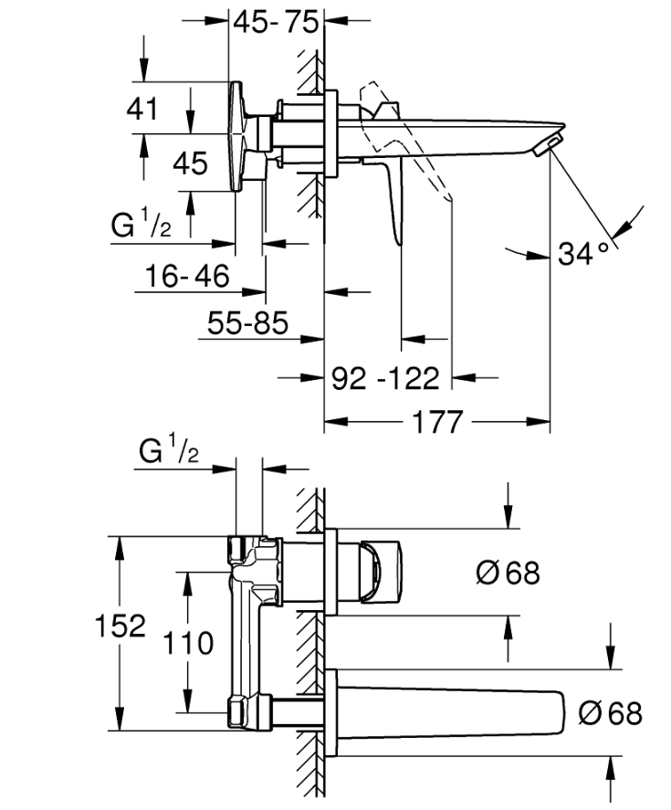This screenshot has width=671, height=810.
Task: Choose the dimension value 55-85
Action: (247, 322)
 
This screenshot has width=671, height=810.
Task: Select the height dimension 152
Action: (121, 626)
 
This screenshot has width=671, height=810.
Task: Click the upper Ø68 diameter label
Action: (508, 573)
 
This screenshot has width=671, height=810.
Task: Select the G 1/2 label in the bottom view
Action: (169, 452)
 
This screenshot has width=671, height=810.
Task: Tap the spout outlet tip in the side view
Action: (548, 144)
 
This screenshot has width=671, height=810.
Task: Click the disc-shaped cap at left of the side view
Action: (239, 137)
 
